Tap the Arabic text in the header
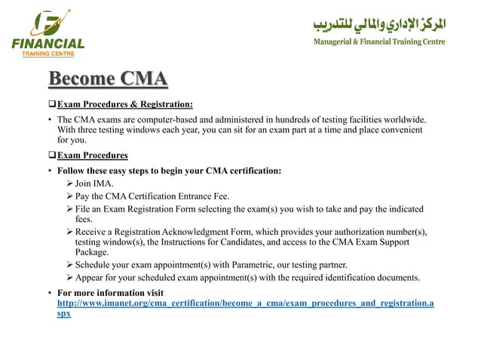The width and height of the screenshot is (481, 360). (380, 23)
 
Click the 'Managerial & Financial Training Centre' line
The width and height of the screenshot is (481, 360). (379, 41)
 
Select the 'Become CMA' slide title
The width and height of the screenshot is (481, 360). (108, 80)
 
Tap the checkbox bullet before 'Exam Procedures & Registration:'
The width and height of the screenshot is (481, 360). (52, 104)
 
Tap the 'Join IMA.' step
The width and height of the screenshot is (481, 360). (97, 183)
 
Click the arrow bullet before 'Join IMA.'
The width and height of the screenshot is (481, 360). (69, 183)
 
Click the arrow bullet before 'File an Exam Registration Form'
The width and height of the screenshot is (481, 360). (69, 209)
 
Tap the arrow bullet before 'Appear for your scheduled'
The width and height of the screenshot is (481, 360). (69, 277)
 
